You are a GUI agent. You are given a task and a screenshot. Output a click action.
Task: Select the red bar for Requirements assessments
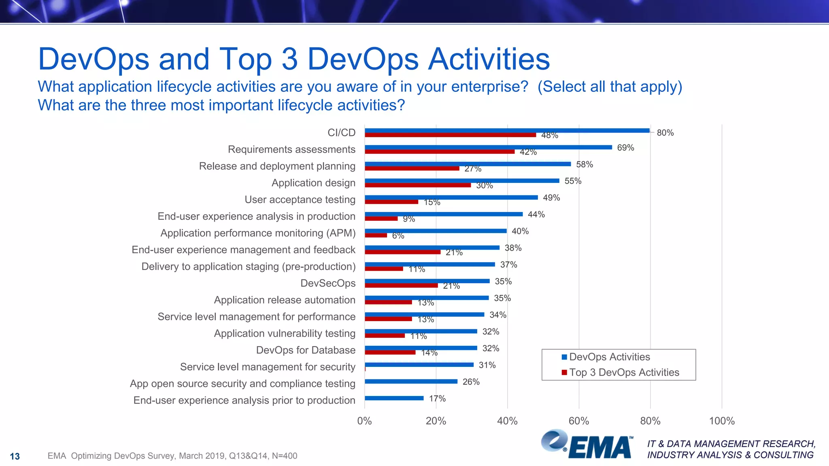pos(439,152)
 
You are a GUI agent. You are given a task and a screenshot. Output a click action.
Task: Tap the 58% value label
pos(584,164)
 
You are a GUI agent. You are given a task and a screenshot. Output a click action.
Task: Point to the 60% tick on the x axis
pos(578,421)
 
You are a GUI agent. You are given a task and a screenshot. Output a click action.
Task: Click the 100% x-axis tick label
pos(721,421)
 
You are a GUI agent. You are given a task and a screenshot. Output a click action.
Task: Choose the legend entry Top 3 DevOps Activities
pos(624,373)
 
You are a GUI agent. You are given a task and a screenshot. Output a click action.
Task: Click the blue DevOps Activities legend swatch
pos(564,357)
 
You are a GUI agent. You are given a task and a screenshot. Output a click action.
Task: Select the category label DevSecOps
pos(327,283)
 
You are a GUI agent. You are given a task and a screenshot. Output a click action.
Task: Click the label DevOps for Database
pos(306,350)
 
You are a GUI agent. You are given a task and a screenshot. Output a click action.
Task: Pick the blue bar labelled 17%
pos(394,398)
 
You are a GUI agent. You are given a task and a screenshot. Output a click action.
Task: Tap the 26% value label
pos(471,382)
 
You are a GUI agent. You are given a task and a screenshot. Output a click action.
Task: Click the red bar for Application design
pos(417,185)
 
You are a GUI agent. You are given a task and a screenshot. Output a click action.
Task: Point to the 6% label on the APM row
pos(398,236)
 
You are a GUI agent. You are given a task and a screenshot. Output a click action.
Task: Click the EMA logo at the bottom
pos(587,445)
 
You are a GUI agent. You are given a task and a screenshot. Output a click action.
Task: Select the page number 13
pos(15,457)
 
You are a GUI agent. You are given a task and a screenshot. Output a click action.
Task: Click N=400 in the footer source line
pos(285,456)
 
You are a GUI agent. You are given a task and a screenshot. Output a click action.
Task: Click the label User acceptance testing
pos(300,200)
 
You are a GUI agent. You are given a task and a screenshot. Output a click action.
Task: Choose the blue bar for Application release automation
pos(426,298)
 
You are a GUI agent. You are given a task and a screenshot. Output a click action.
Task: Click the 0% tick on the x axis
pos(364,421)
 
